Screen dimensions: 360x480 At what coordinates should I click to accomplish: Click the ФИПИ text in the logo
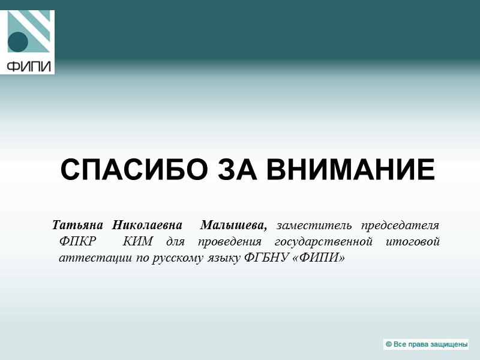(28, 65)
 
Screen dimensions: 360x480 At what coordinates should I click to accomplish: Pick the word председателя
(401, 226)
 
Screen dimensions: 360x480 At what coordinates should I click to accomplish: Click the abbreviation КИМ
(138, 242)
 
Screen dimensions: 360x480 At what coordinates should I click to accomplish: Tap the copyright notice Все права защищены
(426, 344)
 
